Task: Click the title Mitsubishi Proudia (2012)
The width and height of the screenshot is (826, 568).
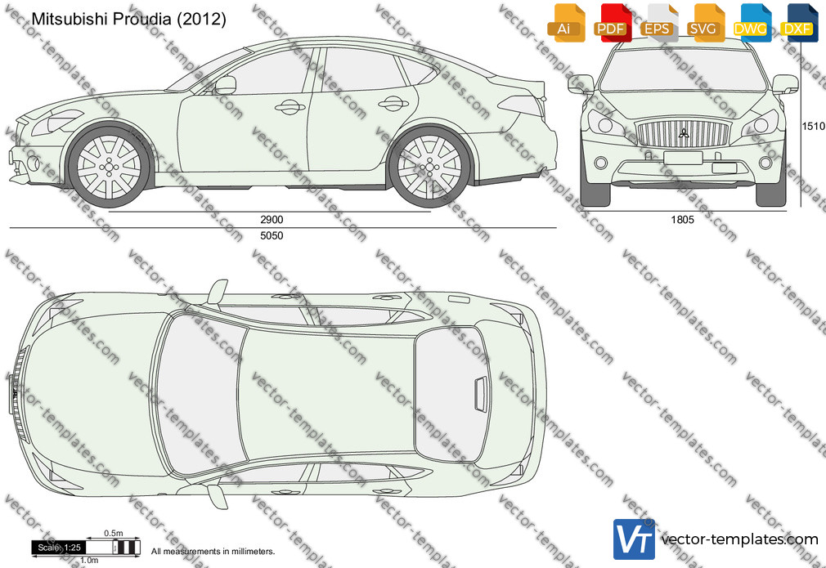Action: tap(129, 19)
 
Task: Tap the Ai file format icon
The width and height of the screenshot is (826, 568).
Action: tap(566, 23)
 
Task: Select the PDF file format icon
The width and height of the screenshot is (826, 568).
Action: tap(613, 23)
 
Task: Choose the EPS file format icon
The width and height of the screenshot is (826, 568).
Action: tap(659, 23)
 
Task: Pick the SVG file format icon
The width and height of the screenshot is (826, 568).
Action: tap(705, 23)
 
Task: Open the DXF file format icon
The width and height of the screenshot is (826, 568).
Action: tap(799, 23)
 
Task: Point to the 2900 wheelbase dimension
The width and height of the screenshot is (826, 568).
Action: tap(272, 220)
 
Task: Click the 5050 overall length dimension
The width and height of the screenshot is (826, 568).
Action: tap(272, 236)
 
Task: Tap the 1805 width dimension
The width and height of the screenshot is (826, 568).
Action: tap(683, 220)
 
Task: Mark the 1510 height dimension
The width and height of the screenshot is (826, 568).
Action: tap(814, 127)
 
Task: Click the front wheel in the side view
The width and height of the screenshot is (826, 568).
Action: tap(109, 167)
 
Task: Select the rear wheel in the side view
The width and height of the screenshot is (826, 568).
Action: tap(429, 167)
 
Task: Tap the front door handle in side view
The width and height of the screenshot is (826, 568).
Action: tap(290, 107)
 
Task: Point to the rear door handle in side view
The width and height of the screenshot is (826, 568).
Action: tap(393, 104)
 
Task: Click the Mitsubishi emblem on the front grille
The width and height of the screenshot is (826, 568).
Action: tap(684, 132)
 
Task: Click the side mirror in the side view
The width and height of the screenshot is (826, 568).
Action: tap(225, 85)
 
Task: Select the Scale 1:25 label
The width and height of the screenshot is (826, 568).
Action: tap(58, 548)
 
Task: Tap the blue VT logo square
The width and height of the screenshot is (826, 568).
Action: tap(635, 539)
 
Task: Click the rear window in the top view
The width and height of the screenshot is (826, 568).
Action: tap(452, 394)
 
